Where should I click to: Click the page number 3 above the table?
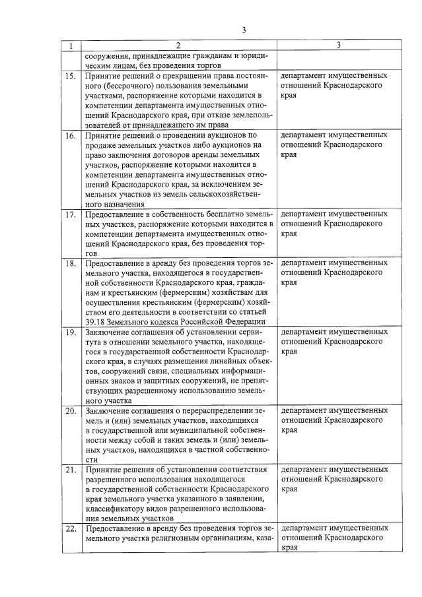coord(244,30)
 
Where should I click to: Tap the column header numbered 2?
coord(177,46)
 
